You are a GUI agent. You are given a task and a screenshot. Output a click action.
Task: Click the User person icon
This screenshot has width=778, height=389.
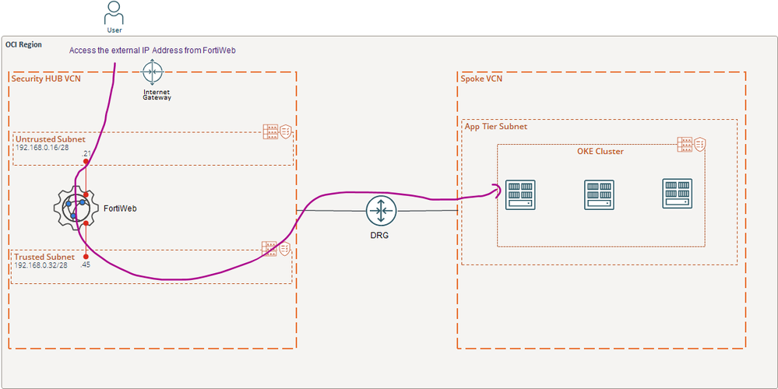click(x=114, y=14)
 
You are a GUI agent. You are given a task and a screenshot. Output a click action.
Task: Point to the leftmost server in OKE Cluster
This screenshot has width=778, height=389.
click(x=519, y=194)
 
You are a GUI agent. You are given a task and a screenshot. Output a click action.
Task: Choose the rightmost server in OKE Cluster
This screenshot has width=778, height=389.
click(x=677, y=193)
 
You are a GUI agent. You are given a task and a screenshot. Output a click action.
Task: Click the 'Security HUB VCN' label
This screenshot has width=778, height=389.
click(x=46, y=79)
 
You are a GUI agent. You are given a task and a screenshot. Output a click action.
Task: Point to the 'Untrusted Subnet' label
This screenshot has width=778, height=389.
click(x=50, y=138)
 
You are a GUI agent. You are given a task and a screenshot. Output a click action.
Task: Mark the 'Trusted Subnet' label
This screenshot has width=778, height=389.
click(x=44, y=257)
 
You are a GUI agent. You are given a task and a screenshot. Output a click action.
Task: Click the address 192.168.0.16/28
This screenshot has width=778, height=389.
click(x=46, y=147)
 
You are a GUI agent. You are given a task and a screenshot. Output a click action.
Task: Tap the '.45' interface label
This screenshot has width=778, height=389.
click(x=86, y=264)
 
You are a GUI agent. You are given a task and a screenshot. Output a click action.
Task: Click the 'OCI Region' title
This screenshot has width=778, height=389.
click(x=24, y=44)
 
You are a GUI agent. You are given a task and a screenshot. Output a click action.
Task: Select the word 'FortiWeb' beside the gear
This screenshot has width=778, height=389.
click(x=121, y=208)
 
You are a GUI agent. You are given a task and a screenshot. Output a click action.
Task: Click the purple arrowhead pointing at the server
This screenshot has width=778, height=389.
click(x=495, y=187)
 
